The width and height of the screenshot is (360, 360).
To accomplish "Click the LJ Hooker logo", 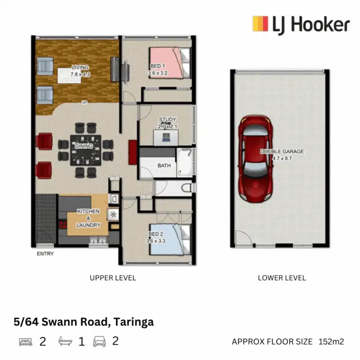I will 301,24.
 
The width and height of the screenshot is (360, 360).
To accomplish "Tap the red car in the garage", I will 255,158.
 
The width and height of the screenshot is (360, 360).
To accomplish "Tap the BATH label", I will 164,166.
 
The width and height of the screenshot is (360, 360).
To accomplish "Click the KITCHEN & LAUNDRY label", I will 89,218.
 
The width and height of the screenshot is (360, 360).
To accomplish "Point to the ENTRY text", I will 45,254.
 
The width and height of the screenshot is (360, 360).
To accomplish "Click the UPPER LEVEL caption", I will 113,277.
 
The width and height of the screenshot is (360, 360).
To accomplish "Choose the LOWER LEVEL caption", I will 282,277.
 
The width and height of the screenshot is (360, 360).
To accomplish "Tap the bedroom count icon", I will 26,342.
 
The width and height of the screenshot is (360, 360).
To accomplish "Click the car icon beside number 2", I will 99,342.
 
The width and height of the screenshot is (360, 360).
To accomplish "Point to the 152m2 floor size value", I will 331,342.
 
